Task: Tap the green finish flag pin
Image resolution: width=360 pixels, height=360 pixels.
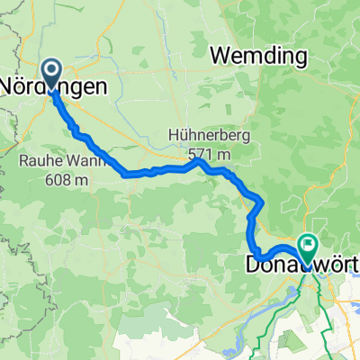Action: coord(308,246)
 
